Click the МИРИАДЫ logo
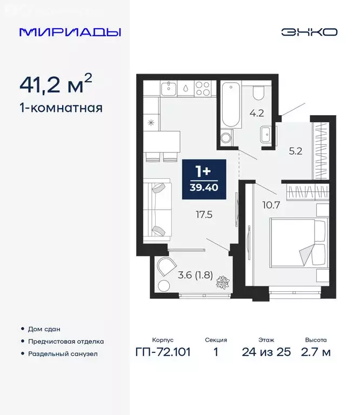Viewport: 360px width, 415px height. coord(70,32)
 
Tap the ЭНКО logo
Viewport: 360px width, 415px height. coord(309,32)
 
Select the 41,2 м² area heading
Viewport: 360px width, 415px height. coord(56,85)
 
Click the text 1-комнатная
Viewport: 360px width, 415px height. coord(61,108)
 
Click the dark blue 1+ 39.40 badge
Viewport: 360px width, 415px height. coord(203,178)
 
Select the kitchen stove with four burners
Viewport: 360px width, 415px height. coord(202,89)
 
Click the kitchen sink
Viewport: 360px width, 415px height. coord(169,89)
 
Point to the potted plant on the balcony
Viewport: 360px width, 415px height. coord(222,283)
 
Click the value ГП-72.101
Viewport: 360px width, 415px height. coord(163,353)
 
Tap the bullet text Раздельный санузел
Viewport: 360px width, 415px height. coord(63,354)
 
